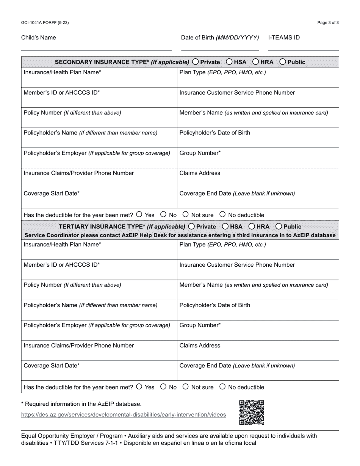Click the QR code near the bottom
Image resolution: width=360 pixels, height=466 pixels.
pos(252,412)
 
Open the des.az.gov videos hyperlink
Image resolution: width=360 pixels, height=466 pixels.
pos(124,415)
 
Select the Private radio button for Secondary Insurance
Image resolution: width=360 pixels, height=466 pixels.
pos(196,62)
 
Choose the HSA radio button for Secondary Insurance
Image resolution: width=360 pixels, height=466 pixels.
pos(230,62)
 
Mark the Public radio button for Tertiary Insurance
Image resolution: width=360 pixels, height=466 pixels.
pos(279,227)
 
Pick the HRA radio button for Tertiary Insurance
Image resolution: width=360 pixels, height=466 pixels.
pos(252,227)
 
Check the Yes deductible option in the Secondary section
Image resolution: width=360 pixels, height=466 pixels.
pos(139,214)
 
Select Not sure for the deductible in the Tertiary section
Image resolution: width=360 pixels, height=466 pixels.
pos(186,387)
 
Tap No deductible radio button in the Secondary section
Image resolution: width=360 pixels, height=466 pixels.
pos(222,214)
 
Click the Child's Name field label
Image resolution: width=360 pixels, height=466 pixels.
pos(38,38)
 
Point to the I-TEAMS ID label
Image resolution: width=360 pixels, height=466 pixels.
pos(284,38)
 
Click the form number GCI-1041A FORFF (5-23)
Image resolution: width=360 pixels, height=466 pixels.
pos(45,23)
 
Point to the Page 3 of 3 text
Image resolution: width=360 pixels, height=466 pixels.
pos(328,23)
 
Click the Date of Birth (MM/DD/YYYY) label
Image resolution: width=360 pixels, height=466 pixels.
pos(220,38)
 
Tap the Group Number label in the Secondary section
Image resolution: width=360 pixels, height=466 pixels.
pos(200,153)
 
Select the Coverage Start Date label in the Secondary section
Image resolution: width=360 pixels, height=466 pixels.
pos(52,193)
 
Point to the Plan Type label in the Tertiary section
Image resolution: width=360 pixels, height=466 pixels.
pos(222,244)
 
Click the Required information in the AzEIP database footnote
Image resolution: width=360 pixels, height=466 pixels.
pos(81,404)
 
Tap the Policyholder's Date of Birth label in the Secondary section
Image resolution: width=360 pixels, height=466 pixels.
pos(214,133)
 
